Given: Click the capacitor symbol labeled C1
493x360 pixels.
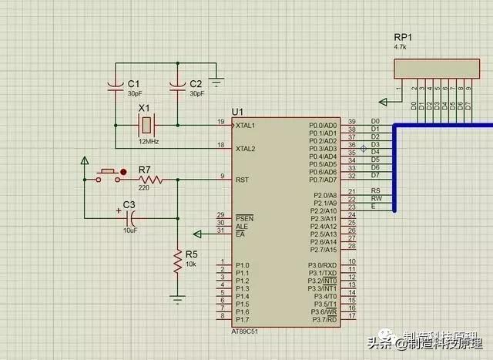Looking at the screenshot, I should [115, 83].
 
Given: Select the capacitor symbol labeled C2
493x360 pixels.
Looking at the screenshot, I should [176, 83].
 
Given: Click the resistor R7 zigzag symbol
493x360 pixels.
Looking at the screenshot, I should [151, 180].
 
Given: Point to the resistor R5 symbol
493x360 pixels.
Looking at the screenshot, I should [177, 261].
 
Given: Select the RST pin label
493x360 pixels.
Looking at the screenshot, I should [242, 179].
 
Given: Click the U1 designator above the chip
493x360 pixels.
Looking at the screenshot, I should [237, 112].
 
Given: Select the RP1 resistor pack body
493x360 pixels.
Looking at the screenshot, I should [432, 69].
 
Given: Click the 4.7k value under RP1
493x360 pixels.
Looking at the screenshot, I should [401, 46].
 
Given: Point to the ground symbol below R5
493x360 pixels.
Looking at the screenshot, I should [177, 298].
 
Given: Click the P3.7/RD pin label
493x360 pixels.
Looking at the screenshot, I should [324, 319].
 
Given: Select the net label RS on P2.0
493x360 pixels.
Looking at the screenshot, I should [375, 190].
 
